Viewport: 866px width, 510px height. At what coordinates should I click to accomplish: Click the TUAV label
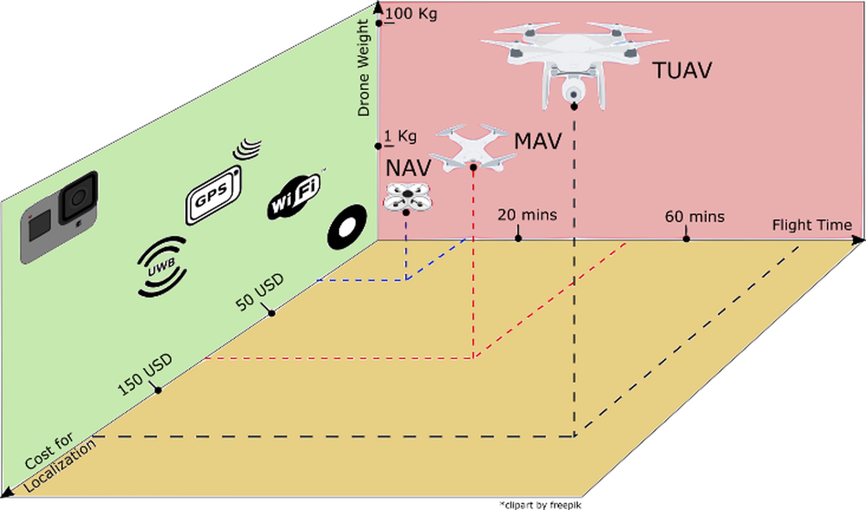pyautogui.click(x=682, y=71)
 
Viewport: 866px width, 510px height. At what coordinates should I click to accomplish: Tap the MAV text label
pyautogui.click(x=538, y=141)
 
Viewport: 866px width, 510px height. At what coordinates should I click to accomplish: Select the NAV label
pyautogui.click(x=408, y=168)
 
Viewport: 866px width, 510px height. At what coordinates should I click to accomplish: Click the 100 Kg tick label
pyautogui.click(x=411, y=14)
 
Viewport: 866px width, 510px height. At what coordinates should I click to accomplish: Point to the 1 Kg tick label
pyautogui.click(x=400, y=137)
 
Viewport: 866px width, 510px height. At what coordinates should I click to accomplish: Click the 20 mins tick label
pyautogui.click(x=527, y=215)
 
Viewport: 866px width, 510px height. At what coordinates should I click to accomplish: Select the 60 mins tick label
pyautogui.click(x=695, y=217)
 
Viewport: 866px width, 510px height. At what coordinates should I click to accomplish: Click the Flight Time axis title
pyautogui.click(x=812, y=225)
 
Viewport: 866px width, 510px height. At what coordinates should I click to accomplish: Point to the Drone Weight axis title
pyautogui.click(x=363, y=68)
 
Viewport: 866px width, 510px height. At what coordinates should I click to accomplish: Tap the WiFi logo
pyautogui.click(x=294, y=198)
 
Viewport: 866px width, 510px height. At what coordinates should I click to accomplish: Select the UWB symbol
pyautogui.click(x=162, y=266)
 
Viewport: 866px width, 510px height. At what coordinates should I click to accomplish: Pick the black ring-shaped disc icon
pyautogui.click(x=346, y=227)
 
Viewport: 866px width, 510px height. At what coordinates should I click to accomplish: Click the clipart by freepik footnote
pyautogui.click(x=540, y=505)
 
